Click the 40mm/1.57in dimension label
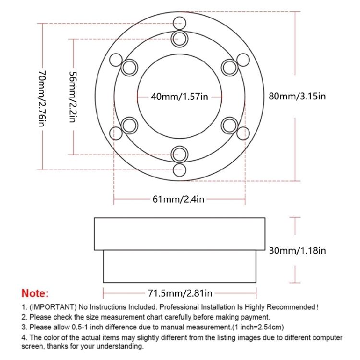point(180,96)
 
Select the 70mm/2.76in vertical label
point(42,98)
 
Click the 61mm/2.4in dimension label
point(180,199)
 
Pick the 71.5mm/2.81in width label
point(180,293)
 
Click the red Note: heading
point(35,293)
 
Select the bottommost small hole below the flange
point(180,169)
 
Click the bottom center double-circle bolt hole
point(180,154)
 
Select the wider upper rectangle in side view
point(180,233)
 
